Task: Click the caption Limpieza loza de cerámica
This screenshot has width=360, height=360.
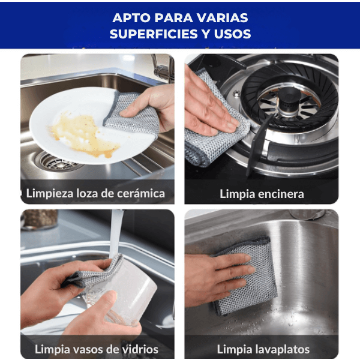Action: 95,193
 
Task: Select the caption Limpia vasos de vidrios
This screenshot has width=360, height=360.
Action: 97,349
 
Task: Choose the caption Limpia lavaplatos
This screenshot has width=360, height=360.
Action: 263,349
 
